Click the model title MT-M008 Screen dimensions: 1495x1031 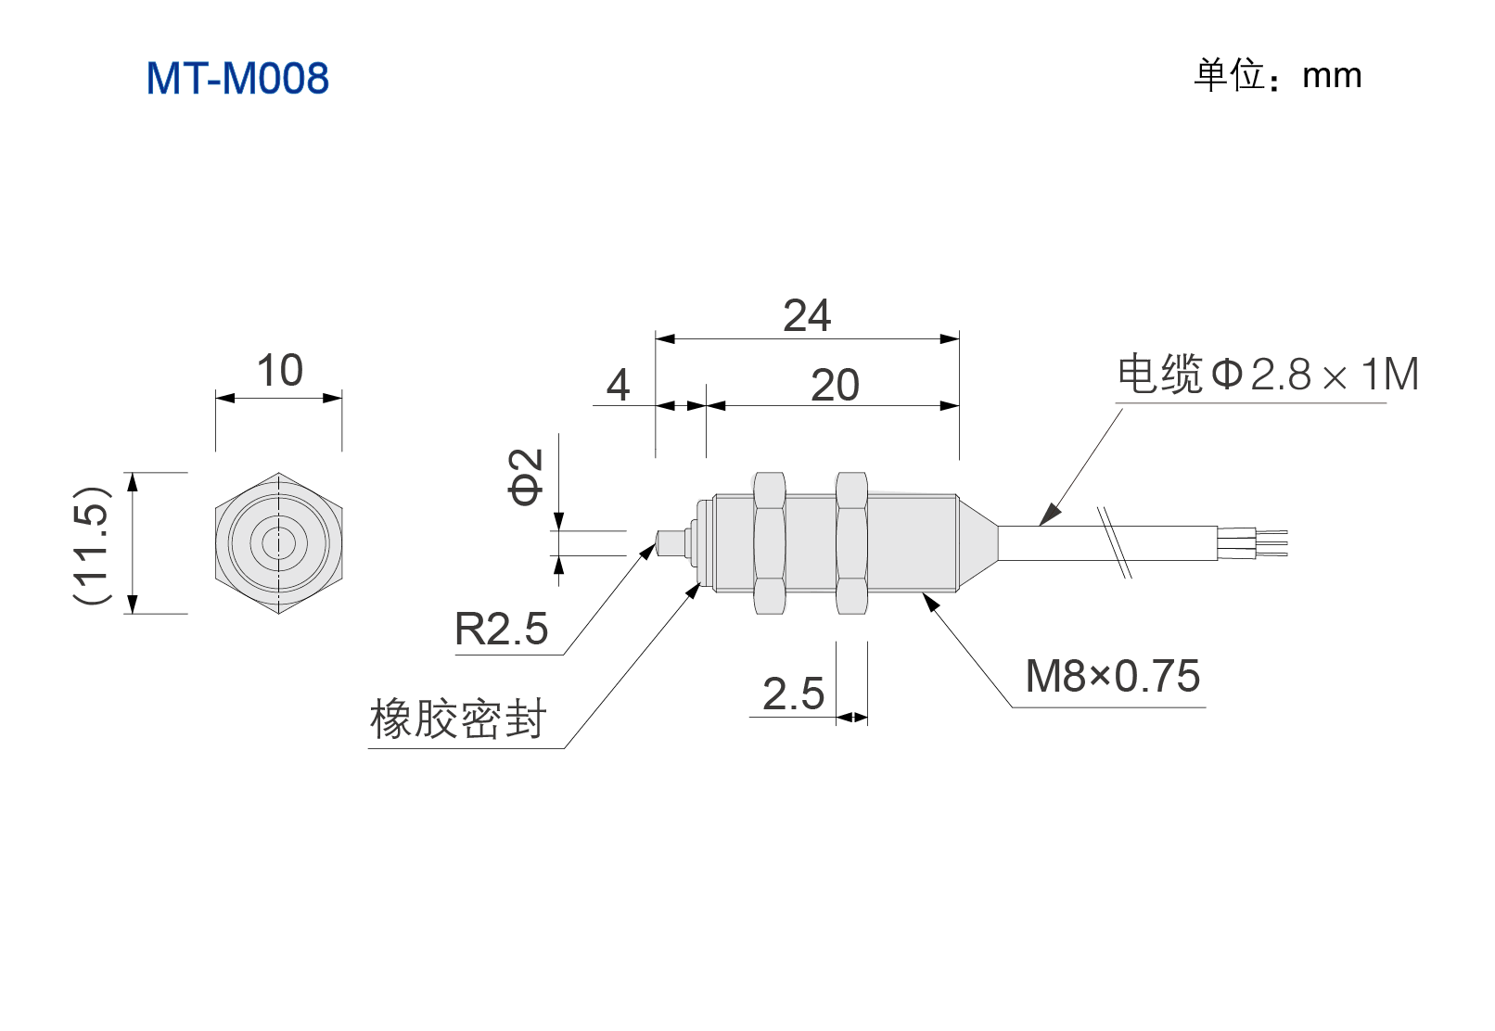(237, 78)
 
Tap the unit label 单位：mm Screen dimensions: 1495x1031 (1277, 75)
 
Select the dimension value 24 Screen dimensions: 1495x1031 (807, 315)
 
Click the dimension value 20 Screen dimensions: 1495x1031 (835, 385)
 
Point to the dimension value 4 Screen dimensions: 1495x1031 (618, 385)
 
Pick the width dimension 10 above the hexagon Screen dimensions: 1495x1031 (280, 370)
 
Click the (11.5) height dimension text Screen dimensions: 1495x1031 (92, 543)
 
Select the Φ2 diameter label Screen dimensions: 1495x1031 (526, 477)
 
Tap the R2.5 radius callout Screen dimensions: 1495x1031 (501, 629)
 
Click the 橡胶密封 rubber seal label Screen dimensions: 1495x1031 (458, 719)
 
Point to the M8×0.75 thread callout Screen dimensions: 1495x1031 (1113, 676)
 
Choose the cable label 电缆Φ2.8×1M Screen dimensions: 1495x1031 (1268, 374)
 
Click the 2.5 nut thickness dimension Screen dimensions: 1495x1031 (794, 694)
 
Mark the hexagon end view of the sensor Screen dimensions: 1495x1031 (279, 543)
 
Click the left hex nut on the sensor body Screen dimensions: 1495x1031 (769, 543)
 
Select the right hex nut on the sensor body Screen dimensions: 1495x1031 (851, 543)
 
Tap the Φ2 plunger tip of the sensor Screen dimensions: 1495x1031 (672, 543)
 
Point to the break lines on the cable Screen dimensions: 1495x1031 (1115, 542)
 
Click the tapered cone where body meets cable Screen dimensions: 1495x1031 (977, 543)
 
